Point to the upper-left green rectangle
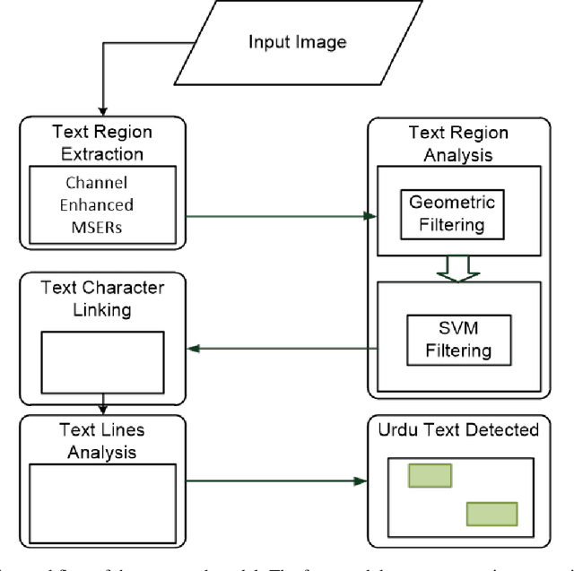coord(430,476)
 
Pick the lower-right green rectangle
coord(491,514)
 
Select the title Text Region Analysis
coord(457,142)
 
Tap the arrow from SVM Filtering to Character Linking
coord(278,350)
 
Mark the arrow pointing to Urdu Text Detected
coord(278,481)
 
